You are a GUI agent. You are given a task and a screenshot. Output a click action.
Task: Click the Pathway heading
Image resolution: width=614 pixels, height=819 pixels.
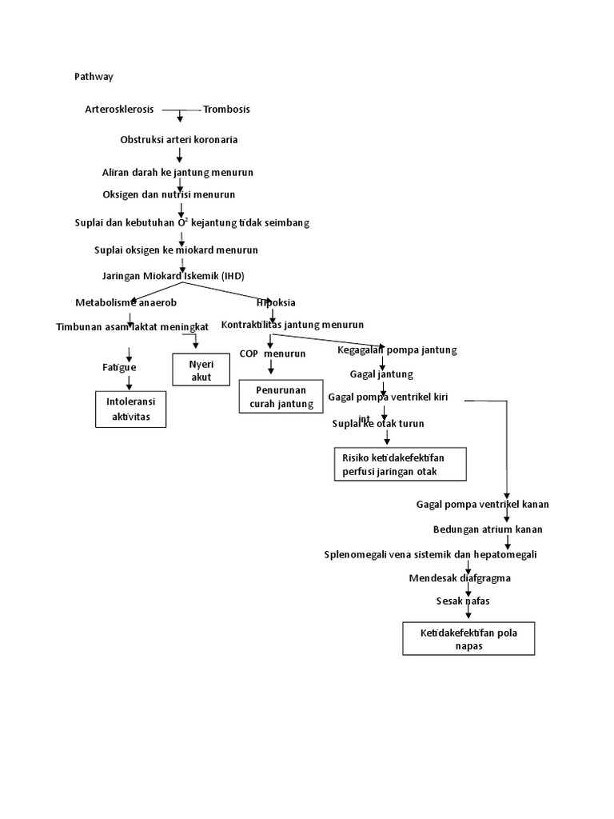[94, 77]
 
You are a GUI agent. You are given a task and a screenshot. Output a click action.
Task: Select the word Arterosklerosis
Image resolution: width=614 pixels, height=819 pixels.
[119, 109]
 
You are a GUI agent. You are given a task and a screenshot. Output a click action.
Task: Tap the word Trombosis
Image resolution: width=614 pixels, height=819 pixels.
[226, 109]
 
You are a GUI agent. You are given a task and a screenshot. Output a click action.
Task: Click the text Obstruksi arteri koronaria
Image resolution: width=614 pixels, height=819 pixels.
[179, 140]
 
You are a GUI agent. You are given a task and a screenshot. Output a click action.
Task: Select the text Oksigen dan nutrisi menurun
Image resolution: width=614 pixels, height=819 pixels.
[169, 194]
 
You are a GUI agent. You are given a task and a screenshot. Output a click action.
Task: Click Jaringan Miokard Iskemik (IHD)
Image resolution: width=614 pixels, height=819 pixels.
[173, 276]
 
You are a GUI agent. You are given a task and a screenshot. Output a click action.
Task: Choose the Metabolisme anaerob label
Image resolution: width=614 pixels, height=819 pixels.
[126, 302]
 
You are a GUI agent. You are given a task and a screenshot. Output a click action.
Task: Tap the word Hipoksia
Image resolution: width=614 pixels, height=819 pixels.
[276, 302]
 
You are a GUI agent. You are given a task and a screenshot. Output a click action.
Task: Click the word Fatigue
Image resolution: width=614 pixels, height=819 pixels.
[119, 367]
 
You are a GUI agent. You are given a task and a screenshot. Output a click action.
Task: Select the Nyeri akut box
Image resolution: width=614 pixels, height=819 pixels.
[201, 371]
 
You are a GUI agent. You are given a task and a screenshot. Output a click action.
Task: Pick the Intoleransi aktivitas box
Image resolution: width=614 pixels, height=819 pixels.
[131, 409]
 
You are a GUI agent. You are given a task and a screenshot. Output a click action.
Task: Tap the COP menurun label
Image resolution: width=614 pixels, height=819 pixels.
[272, 354]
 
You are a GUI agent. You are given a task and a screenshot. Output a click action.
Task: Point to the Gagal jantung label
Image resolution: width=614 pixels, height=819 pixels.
[381, 374]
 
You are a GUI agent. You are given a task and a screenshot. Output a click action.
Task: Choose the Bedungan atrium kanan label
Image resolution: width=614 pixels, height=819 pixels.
[488, 529]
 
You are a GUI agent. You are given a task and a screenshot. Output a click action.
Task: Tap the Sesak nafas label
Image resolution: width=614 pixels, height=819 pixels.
[462, 601]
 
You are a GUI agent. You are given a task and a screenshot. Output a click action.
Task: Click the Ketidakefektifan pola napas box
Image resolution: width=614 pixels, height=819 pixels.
[468, 639]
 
